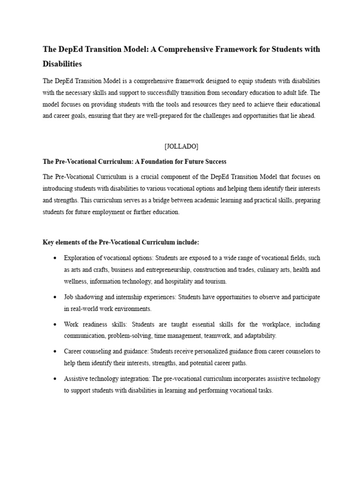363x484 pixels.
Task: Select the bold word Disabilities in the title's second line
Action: tap(62, 63)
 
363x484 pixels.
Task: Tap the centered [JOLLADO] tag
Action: tap(181, 147)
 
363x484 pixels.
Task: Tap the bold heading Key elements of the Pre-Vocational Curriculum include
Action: tap(121, 242)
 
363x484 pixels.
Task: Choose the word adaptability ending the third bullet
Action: tap(259, 336)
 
